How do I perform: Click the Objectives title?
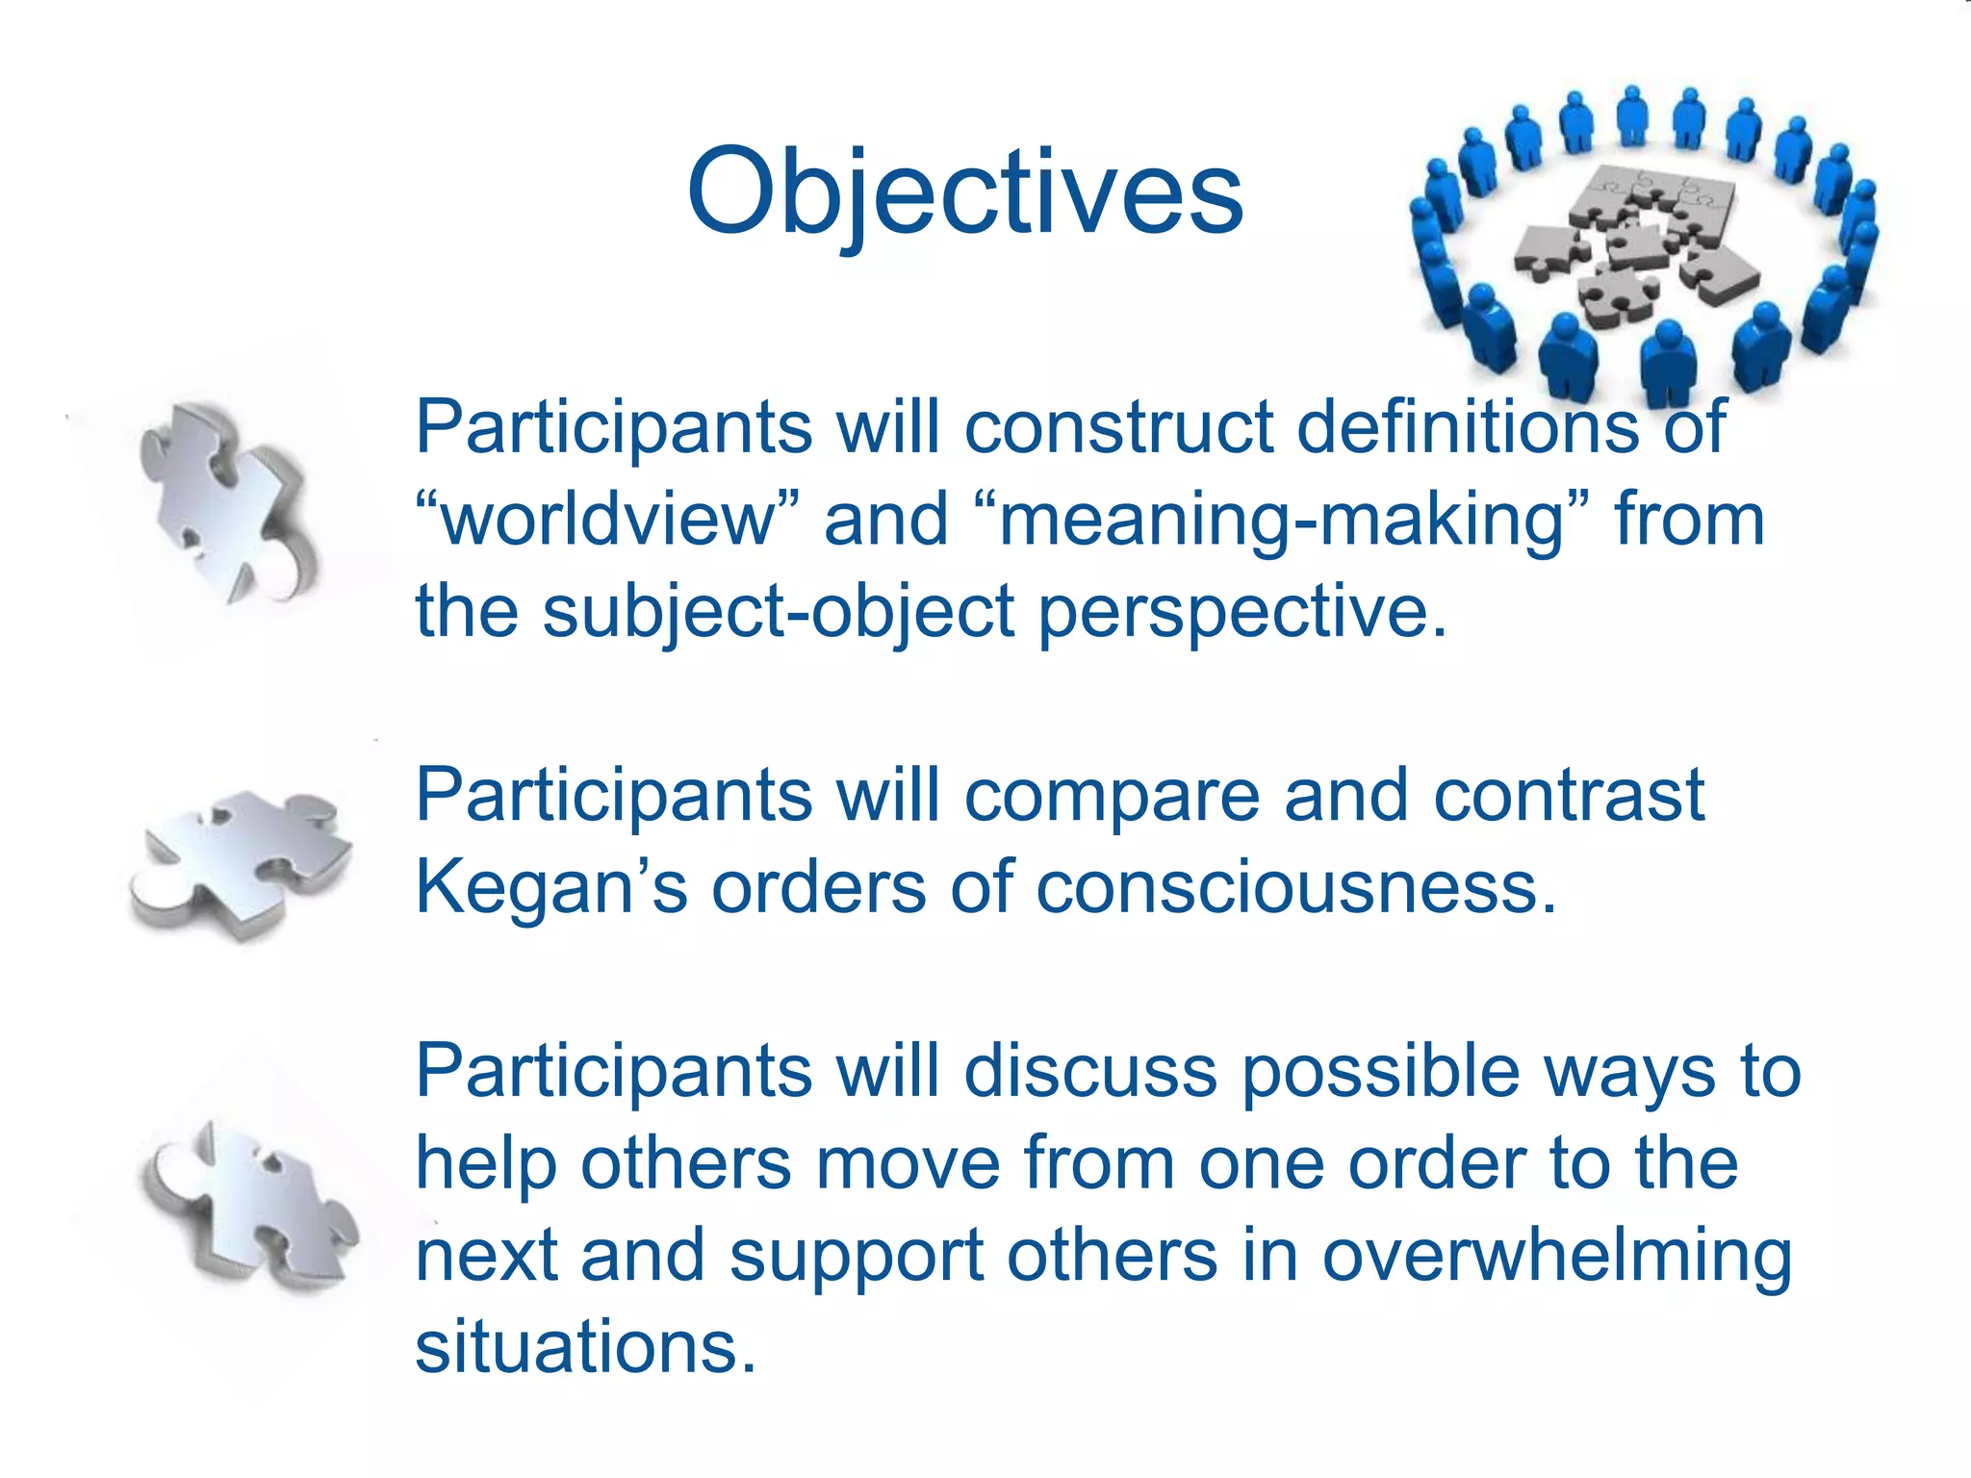965,192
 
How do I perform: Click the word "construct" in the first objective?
1118,426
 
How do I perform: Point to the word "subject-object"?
779,612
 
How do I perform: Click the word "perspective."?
1242,612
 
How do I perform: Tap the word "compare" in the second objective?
1112,796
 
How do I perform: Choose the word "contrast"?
1569,796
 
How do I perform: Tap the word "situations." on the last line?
585,1346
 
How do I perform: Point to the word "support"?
857,1256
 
